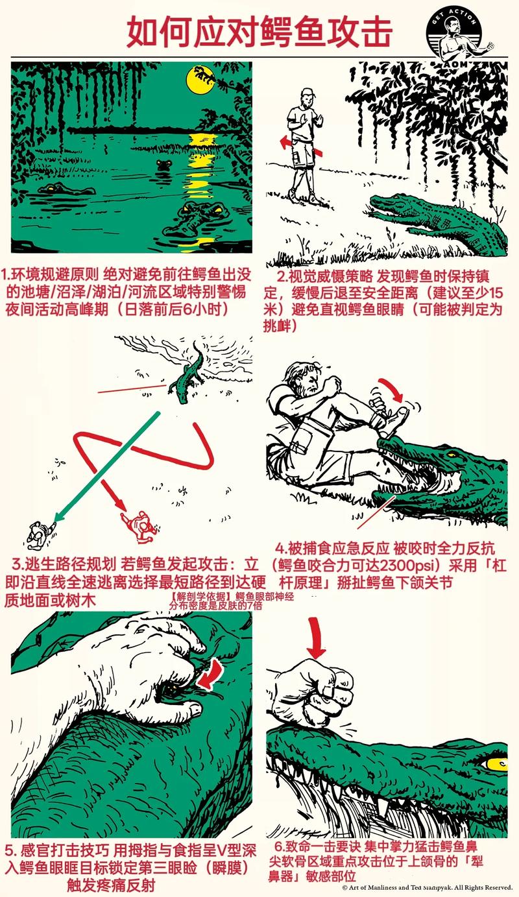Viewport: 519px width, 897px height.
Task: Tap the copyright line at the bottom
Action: (x=428, y=887)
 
